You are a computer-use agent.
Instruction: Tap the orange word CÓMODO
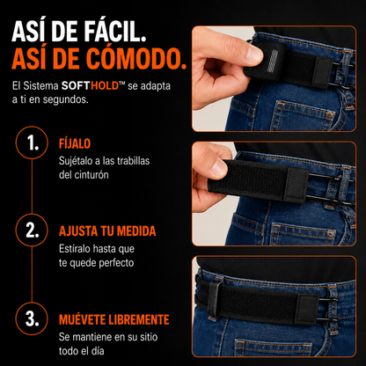coord(136,60)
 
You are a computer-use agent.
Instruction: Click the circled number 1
coord(32,143)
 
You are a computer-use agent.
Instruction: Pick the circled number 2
coord(32,231)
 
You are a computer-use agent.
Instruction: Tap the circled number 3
coord(32,318)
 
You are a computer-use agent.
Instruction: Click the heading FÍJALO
coord(75,143)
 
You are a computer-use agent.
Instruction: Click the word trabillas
coord(133,161)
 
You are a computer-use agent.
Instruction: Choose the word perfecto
coord(116,263)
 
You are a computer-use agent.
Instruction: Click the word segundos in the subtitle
coord(65,100)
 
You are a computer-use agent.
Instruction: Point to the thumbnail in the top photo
coord(254,55)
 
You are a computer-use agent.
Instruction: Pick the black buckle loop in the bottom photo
coord(214,298)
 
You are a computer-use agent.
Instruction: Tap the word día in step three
coord(98,351)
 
